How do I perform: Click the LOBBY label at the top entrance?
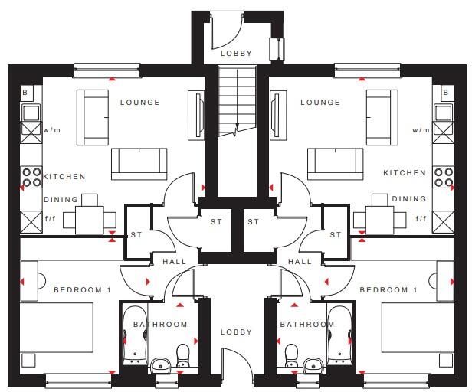(236, 54)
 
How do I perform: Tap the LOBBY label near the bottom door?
(236, 332)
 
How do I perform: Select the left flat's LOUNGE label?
(140, 103)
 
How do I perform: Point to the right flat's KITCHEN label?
(405, 173)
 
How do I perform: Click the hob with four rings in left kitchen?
(31, 177)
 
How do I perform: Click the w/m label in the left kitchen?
(52, 130)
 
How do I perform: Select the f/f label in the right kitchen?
(421, 218)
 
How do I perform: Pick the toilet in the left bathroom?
(182, 355)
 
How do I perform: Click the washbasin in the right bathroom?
(313, 365)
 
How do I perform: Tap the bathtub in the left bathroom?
(135, 335)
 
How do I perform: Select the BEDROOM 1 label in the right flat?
(388, 290)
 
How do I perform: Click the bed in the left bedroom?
(56, 328)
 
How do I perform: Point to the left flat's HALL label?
(175, 262)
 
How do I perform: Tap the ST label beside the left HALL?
(136, 234)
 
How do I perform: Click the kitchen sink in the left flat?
(31, 113)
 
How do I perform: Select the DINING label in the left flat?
(61, 200)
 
